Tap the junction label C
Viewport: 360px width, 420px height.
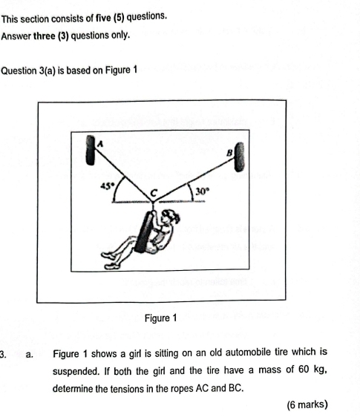[154, 191]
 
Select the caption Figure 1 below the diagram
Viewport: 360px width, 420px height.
[162, 318]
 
